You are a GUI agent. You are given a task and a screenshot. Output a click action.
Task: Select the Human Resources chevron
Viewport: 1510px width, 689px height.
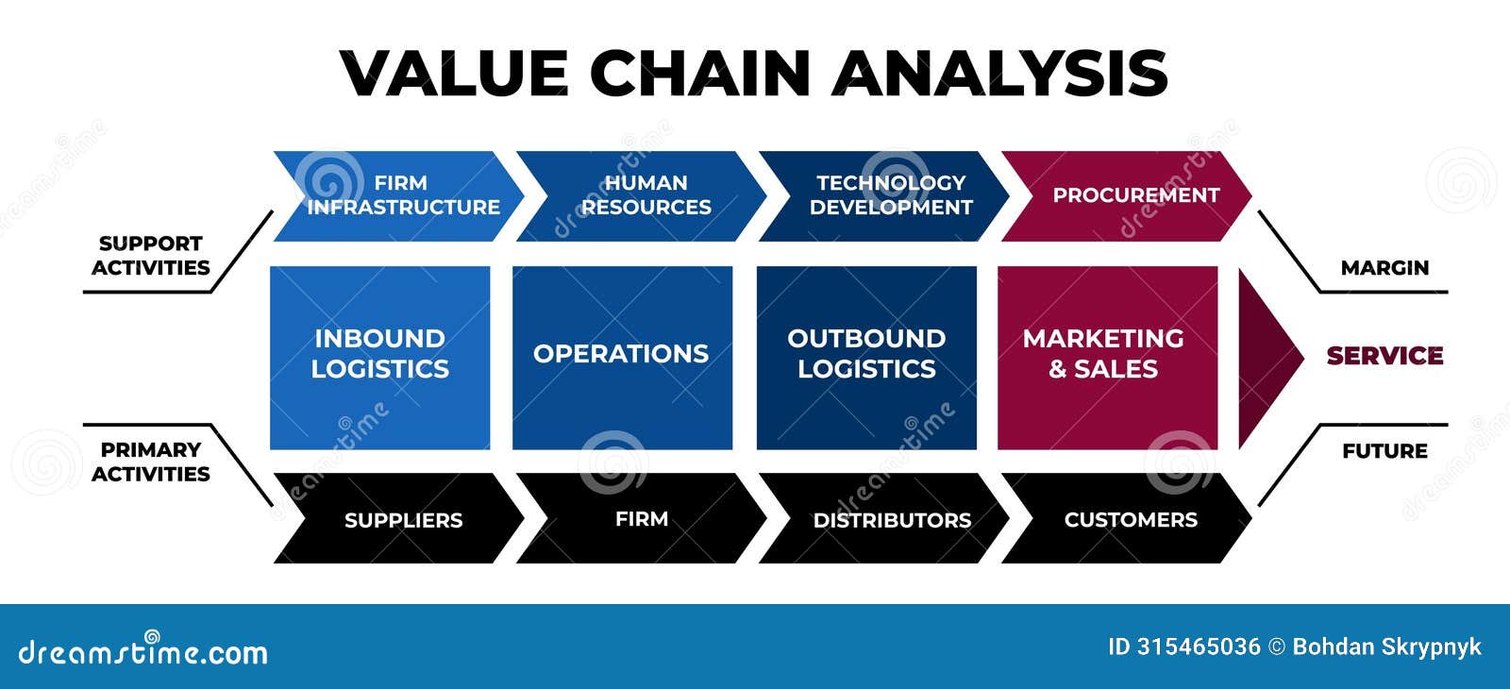(x=642, y=196)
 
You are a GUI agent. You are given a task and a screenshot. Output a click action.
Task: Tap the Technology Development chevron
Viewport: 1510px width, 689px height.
(x=884, y=196)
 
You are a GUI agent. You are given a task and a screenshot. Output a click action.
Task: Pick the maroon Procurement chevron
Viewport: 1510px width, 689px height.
(x=1127, y=196)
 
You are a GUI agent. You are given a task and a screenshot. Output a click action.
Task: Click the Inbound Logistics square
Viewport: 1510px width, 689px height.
(x=380, y=358)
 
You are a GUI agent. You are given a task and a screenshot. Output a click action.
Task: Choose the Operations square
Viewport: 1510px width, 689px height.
(x=622, y=358)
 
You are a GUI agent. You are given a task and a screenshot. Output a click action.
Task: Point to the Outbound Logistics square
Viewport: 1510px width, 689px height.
(x=866, y=358)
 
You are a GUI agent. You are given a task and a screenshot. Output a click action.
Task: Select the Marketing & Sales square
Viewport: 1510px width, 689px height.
(x=1108, y=358)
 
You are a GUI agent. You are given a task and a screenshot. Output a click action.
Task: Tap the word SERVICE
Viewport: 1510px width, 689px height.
(x=1385, y=356)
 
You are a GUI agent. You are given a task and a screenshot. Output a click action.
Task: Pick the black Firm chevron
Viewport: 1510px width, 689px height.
(x=642, y=518)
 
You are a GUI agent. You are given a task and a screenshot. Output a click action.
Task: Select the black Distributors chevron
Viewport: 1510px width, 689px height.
(x=884, y=518)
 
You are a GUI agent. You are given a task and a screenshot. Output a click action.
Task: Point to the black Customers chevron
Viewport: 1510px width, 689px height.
(x=1127, y=518)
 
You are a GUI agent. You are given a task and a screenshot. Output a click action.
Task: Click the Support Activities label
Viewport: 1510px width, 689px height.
(x=151, y=256)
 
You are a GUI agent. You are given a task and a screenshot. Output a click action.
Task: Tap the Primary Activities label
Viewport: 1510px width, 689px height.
(x=151, y=462)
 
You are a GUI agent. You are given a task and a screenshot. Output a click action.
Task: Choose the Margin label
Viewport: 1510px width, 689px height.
(x=1384, y=268)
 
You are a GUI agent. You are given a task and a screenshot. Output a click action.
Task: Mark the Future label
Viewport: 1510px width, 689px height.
(x=1384, y=451)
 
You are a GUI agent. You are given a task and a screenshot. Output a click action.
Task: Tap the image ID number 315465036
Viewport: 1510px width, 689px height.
(x=1199, y=647)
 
